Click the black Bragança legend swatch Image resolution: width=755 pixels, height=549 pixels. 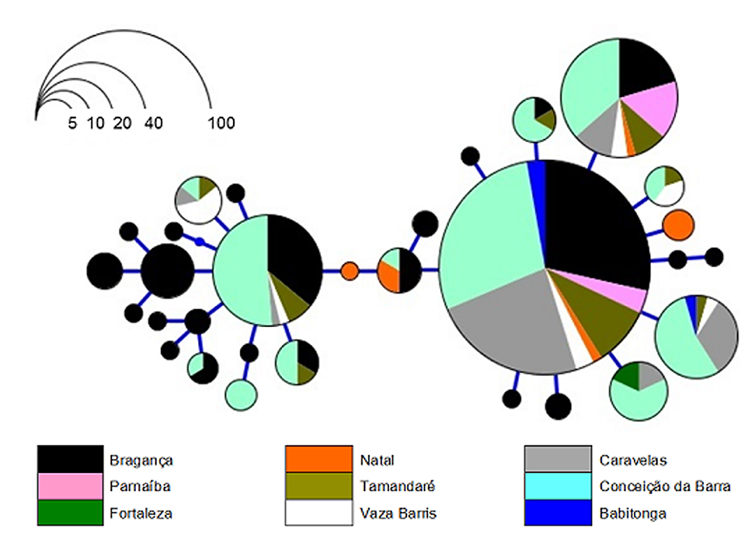[x=71, y=459]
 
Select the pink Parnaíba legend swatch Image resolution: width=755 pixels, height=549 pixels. [x=71, y=486]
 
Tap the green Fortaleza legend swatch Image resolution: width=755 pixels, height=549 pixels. [x=71, y=512]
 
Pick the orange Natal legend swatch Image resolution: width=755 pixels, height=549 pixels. [x=319, y=459]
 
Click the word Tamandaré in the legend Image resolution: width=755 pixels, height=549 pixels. [x=398, y=486]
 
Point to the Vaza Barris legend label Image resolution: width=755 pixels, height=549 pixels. [x=398, y=513]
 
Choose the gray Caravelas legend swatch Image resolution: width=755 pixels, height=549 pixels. [x=558, y=459]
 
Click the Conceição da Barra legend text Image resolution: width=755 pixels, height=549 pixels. [x=665, y=486]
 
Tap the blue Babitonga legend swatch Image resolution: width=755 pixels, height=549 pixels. [x=558, y=512]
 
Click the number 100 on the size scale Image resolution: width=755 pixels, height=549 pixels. [x=222, y=123]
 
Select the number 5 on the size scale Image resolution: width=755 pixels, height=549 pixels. [x=73, y=123]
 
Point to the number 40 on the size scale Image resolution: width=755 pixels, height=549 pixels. [x=154, y=123]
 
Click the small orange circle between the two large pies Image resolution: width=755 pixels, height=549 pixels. [x=349, y=271]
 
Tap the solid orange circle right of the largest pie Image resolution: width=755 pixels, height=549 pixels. [x=679, y=225]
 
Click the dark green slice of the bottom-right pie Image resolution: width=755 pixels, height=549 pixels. [x=627, y=377]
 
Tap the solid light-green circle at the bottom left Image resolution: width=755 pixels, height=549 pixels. [x=241, y=395]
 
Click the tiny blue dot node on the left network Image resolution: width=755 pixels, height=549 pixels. [x=200, y=241]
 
